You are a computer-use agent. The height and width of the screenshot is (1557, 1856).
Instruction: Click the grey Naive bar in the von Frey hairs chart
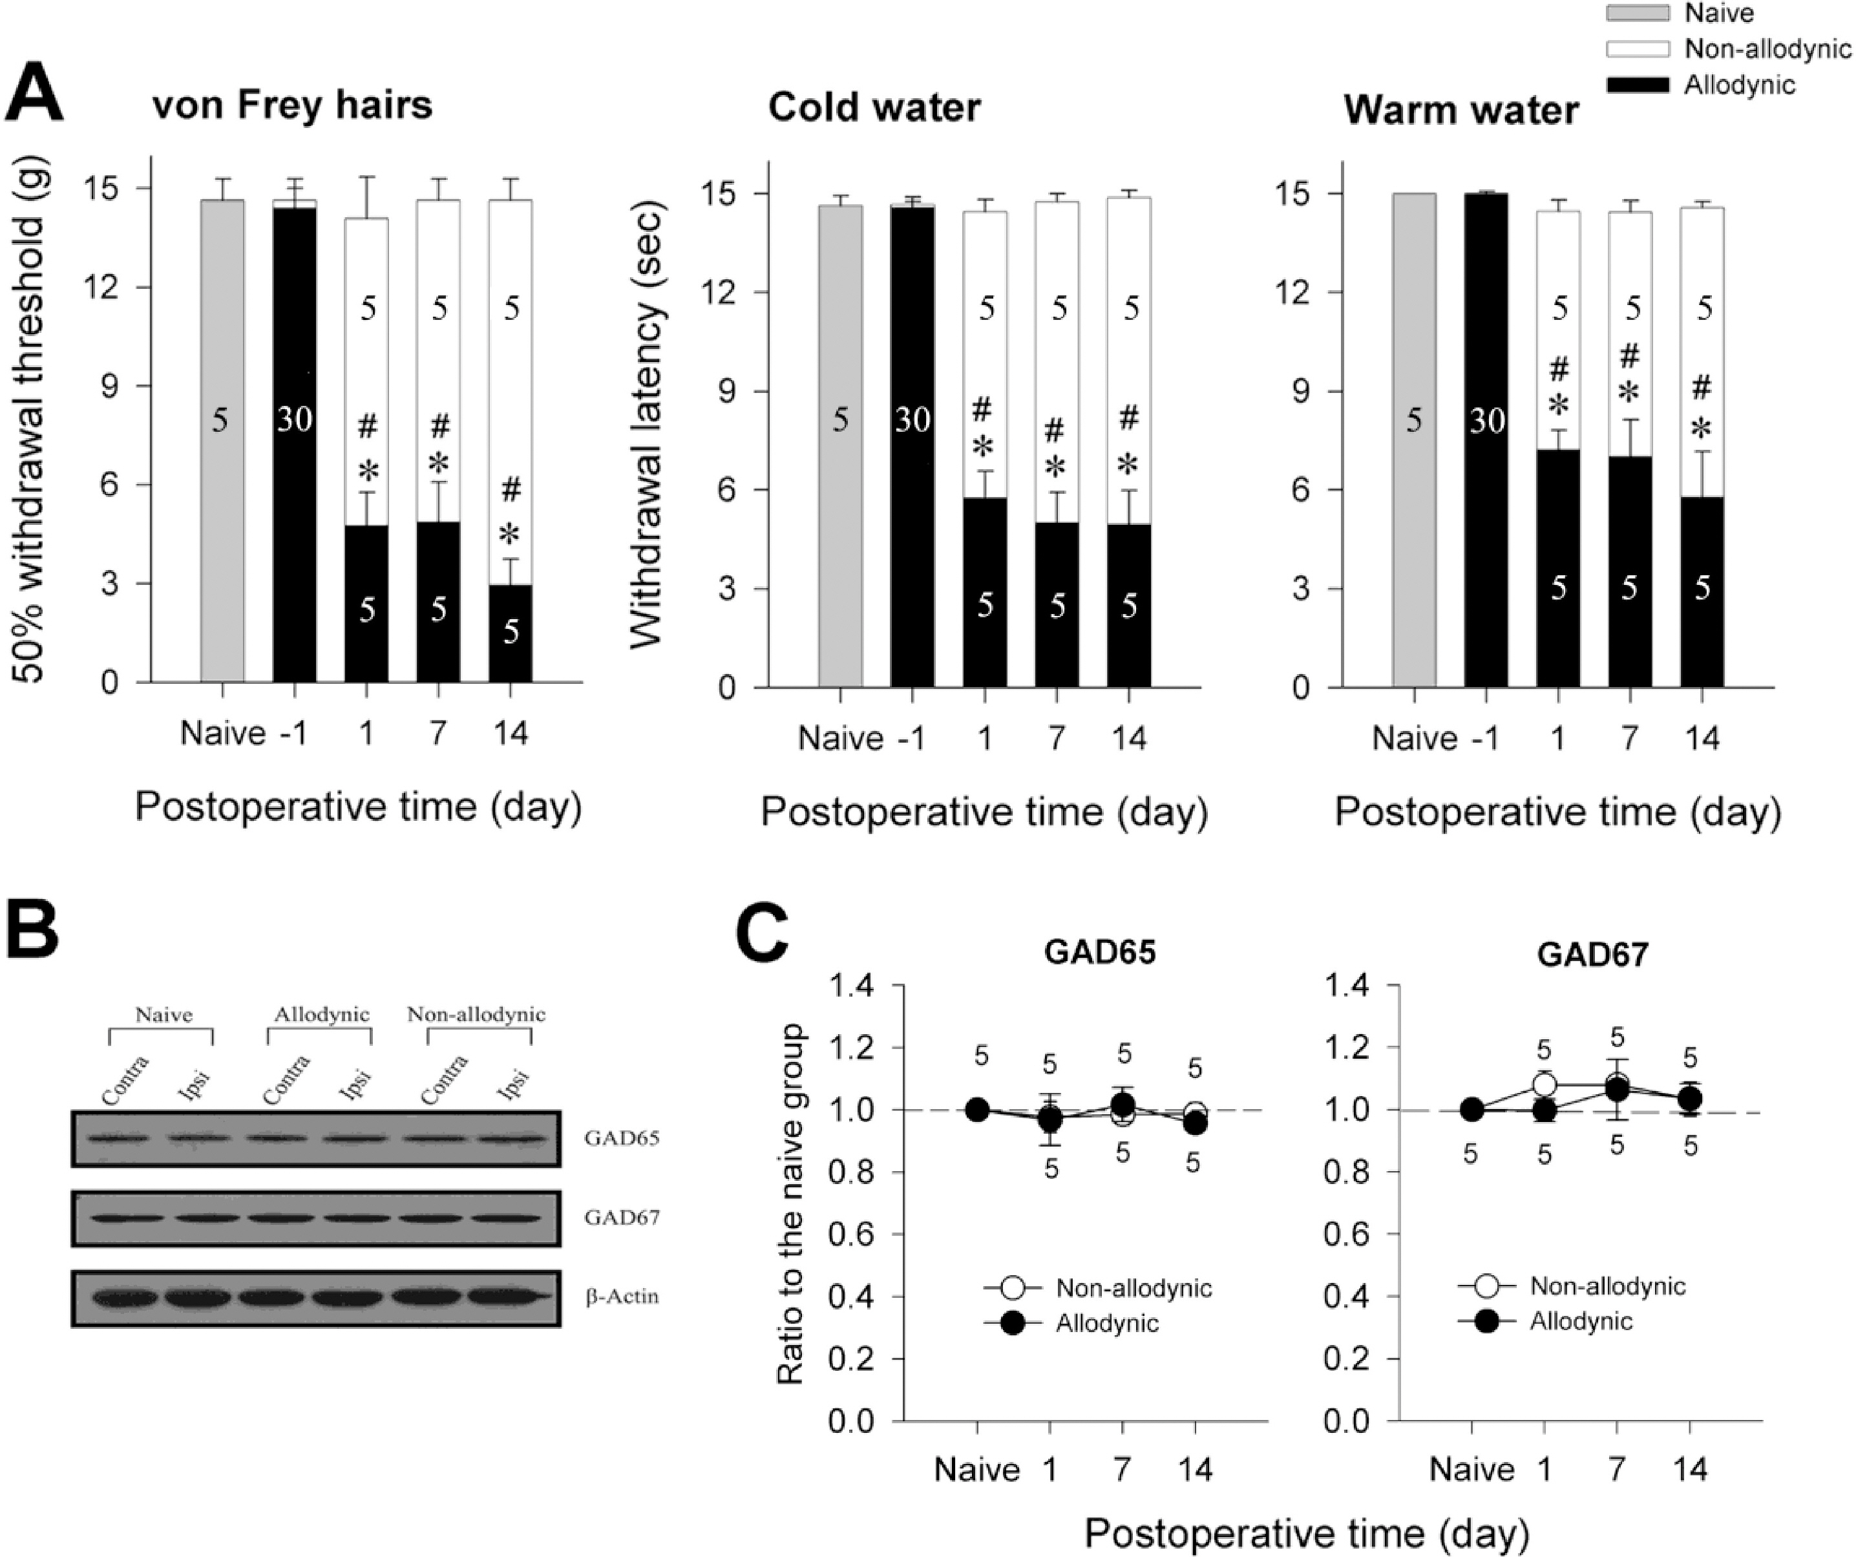pyautogui.click(x=221, y=442)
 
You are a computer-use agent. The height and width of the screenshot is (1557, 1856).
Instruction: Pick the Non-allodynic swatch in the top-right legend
pyautogui.click(x=1637, y=48)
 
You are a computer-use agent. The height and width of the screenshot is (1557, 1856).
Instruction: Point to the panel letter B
pyautogui.click(x=33, y=930)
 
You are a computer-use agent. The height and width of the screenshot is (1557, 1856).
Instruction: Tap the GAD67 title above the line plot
pyautogui.click(x=1592, y=955)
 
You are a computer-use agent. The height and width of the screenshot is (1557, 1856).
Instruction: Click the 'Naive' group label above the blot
pyautogui.click(x=163, y=1014)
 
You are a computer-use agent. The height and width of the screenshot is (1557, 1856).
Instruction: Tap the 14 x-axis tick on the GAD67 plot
pyautogui.click(x=1690, y=1470)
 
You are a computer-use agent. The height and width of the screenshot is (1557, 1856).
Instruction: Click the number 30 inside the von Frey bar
pyautogui.click(x=294, y=418)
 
